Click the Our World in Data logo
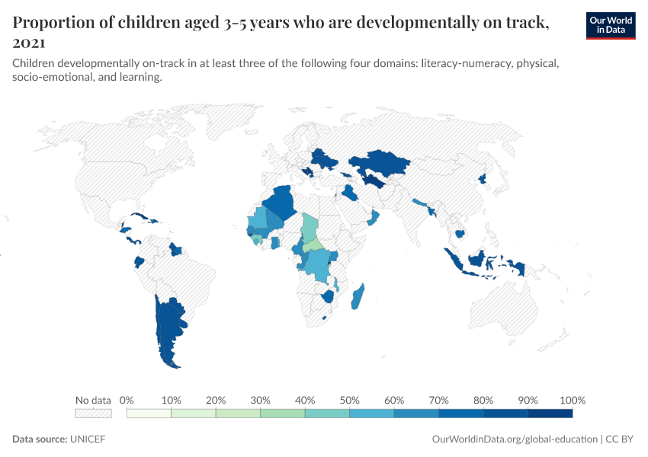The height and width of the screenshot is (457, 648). point(610,25)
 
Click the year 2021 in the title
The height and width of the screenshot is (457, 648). point(29,43)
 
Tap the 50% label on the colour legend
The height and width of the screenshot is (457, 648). point(349,400)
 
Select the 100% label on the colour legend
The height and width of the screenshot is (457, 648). point(572,400)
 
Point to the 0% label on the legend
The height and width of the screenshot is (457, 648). point(127,400)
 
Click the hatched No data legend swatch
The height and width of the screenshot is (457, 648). point(93,414)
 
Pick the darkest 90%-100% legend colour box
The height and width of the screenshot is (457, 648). point(550,414)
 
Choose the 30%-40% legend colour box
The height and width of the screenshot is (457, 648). point(282,414)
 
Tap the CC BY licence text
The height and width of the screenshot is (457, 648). point(623,439)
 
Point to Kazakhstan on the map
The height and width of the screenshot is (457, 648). point(377,162)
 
